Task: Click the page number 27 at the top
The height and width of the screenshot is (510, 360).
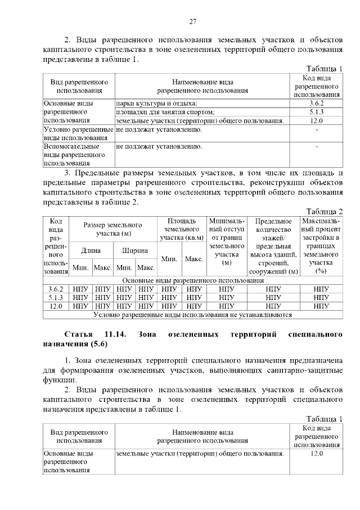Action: (192, 22)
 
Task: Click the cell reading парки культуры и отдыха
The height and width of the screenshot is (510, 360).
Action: (156, 104)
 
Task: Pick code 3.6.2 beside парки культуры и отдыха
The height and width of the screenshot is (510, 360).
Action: (317, 104)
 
